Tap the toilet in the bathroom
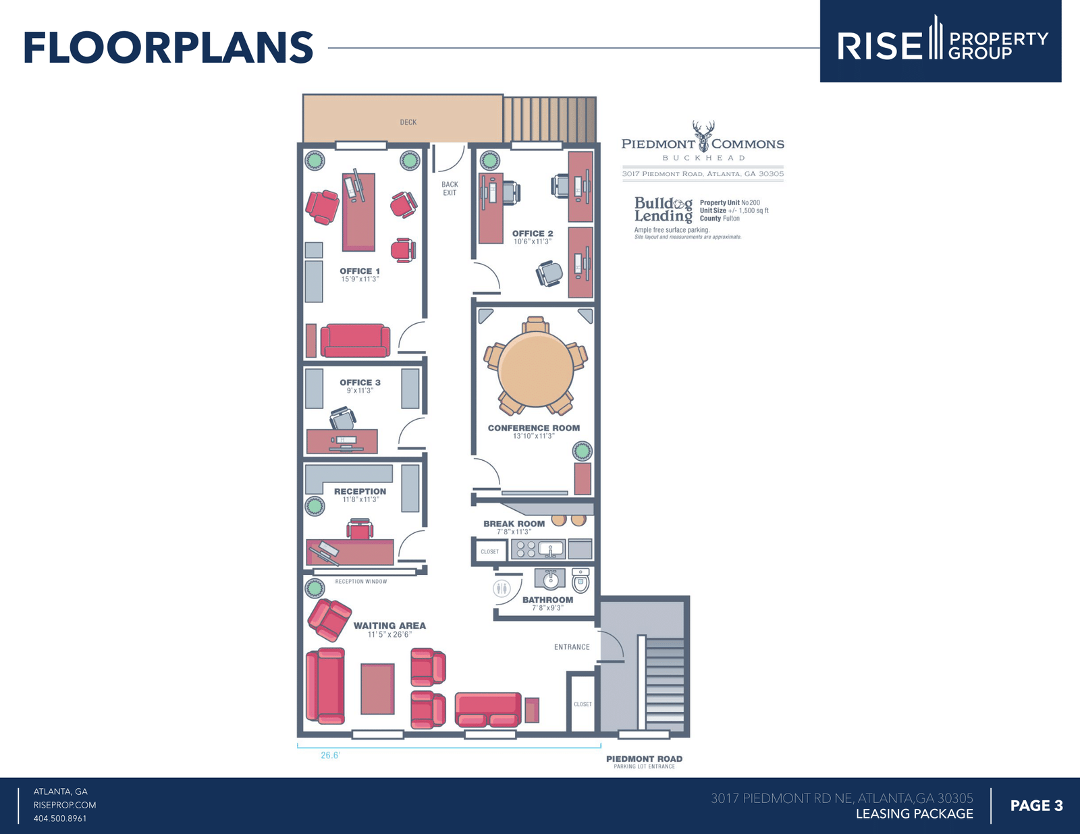pyautogui.click(x=580, y=581)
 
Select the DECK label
pyautogui.click(x=408, y=122)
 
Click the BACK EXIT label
pyautogui.click(x=450, y=188)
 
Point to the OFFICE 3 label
pyautogui.click(x=360, y=383)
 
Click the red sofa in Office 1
pyautogui.click(x=355, y=341)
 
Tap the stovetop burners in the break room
pyautogui.click(x=526, y=549)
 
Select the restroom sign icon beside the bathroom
pyautogui.click(x=502, y=588)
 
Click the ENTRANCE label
pyautogui.click(x=572, y=647)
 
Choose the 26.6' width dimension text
pyautogui.click(x=331, y=756)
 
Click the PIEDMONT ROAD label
pyautogui.click(x=644, y=759)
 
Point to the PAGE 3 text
pyautogui.click(x=1037, y=806)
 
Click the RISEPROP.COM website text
pyautogui.click(x=65, y=805)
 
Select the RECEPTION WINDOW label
pyautogui.click(x=361, y=582)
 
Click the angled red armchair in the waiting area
pyautogui.click(x=329, y=620)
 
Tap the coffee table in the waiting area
pyautogui.click(x=378, y=689)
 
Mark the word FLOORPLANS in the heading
pyautogui.click(x=169, y=48)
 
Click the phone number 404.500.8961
pyautogui.click(x=60, y=818)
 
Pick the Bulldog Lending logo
pyautogui.click(x=663, y=210)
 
